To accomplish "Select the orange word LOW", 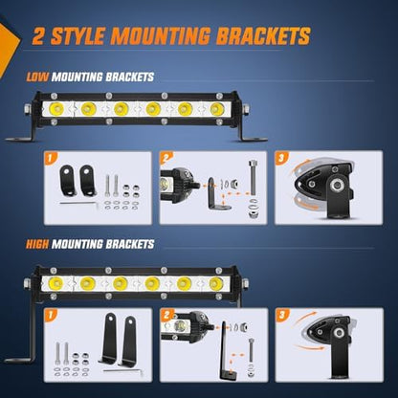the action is pyautogui.click(x=37, y=77).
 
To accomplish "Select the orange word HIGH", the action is pyautogui.click(x=37, y=244).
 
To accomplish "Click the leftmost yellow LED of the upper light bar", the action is pyautogui.click(x=56, y=109).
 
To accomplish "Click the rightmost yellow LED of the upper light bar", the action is pyautogui.click(x=217, y=109).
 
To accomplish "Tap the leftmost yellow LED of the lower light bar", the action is pyautogui.click(x=55, y=283).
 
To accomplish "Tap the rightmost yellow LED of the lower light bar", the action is pyautogui.click(x=216, y=283).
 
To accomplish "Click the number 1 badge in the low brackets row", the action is pyautogui.click(x=50, y=158).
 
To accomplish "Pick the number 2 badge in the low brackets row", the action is pyautogui.click(x=166, y=158).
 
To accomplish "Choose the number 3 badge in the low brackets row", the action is pyautogui.click(x=281, y=158).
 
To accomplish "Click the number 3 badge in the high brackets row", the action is pyautogui.click(x=282, y=315).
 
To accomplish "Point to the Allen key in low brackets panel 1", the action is pyautogui.click(x=79, y=204).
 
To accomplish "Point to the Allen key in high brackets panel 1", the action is pyautogui.click(x=123, y=371).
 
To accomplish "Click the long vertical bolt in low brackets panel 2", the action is pyautogui.click(x=253, y=178).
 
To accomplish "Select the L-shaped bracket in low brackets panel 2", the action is pyautogui.click(x=217, y=194).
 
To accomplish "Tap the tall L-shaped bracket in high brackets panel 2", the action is pyautogui.click(x=226, y=351).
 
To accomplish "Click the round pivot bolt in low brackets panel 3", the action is pyautogui.click(x=336, y=185).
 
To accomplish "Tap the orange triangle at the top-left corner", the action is pyautogui.click(x=9, y=46).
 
